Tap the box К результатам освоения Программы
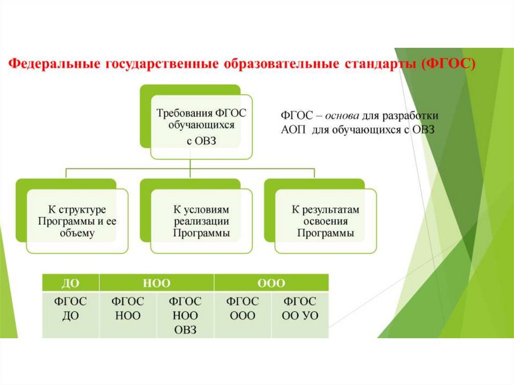tap(325, 221)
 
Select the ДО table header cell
tap(70, 283)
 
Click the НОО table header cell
tap(157, 283)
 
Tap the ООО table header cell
tap(271, 283)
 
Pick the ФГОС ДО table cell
tap(70, 309)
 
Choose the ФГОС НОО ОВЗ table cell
tap(185, 315)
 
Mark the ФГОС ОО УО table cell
tap(300, 309)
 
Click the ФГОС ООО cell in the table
tap(242, 309)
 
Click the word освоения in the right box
tap(325, 221)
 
